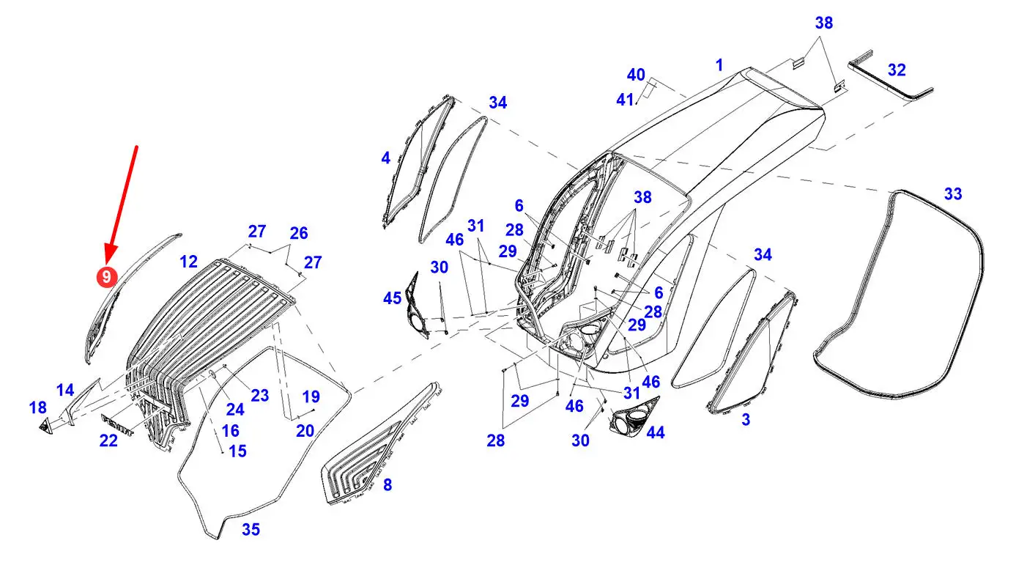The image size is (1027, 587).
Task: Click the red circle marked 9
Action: (107, 276)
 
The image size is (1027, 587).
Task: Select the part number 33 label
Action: (952, 194)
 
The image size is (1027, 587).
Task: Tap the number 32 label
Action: (897, 70)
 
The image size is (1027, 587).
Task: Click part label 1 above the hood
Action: (719, 65)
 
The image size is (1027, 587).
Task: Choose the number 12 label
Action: (188, 261)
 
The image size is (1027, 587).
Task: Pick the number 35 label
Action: (251, 529)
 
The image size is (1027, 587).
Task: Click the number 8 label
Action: (388, 484)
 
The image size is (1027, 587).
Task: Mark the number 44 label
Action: (655, 432)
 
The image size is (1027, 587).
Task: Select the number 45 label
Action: (392, 298)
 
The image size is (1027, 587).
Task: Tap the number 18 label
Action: (37, 407)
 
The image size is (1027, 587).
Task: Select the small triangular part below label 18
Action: (48, 426)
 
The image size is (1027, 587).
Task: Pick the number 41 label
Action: (624, 100)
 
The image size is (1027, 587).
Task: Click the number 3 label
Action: (746, 420)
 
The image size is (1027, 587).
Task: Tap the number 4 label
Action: (385, 158)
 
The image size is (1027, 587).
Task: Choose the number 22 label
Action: (108, 440)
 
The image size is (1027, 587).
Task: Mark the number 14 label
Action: (65, 390)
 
